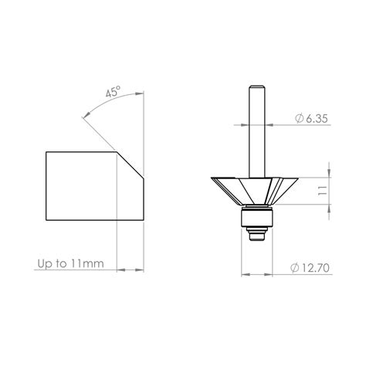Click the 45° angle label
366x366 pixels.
pos(113,92)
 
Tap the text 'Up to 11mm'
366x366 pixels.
pos(70,264)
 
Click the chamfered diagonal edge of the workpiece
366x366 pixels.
pos(129,167)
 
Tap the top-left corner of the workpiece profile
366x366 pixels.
pos(46,152)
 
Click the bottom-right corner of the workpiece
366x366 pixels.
pos(143,220)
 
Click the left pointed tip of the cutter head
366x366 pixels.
pos(212,177)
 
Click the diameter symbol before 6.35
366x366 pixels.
pos(298,120)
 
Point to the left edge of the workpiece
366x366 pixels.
pos(46,186)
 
